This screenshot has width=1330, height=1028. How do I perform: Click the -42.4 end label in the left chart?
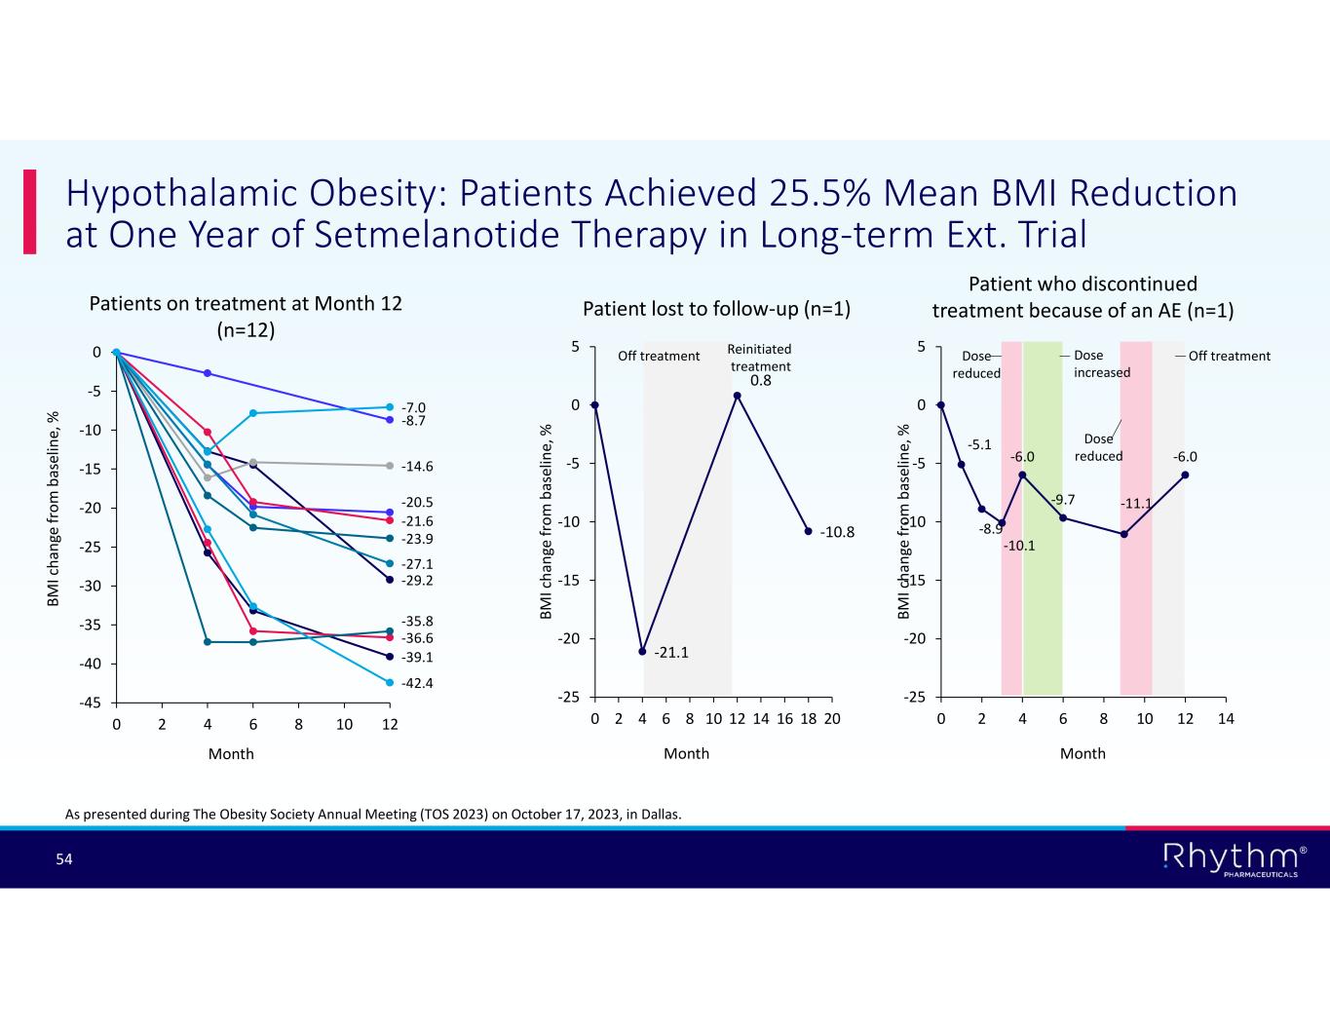coord(417,683)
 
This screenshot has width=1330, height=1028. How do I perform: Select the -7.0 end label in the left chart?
coord(413,407)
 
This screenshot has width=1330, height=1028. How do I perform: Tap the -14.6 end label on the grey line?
coord(417,467)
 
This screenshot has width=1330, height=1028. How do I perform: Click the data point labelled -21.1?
coord(642,651)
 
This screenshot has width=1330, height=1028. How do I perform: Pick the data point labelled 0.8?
coord(738,396)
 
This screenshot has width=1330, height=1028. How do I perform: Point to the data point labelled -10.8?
coord(809,531)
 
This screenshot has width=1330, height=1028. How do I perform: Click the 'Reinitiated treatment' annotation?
coord(760,358)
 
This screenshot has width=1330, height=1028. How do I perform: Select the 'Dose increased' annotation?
coord(1101,364)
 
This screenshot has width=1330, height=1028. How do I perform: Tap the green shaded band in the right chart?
coord(1043,516)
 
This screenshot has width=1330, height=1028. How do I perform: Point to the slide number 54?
coord(64,858)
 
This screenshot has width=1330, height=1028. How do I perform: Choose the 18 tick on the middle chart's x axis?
coord(808,719)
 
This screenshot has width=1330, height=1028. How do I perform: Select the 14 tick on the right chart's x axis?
coord(1226,719)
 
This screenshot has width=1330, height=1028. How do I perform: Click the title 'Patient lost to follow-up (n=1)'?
coord(716,310)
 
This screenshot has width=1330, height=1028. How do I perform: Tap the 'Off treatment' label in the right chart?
coord(1229,356)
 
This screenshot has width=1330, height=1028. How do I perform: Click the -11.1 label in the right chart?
coord(1136,504)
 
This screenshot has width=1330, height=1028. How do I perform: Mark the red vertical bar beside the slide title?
coord(30,211)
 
